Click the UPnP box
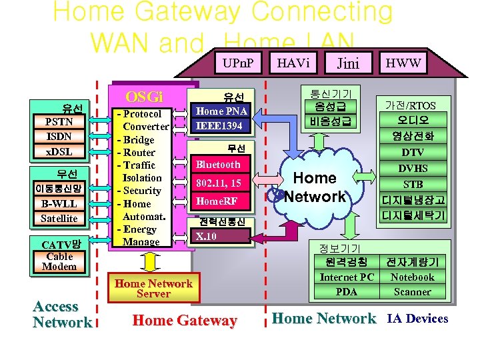coord(237,63)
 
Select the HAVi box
coord(293,63)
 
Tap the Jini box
coord(347,63)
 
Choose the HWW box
coord(404,63)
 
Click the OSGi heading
coord(144,96)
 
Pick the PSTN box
coord(59,122)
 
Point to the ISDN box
coord(59,137)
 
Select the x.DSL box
coord(59,151)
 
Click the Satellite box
coord(59,218)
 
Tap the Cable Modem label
coord(59,261)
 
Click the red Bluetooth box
coord(218,164)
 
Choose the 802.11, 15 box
coord(218,183)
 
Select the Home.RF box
coord(218,201)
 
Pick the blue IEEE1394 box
coord(222,125)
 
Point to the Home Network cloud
coord(315,187)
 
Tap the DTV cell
coord(413,152)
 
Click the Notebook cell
coord(412,277)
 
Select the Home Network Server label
coord(153,288)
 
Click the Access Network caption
coord(62,315)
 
